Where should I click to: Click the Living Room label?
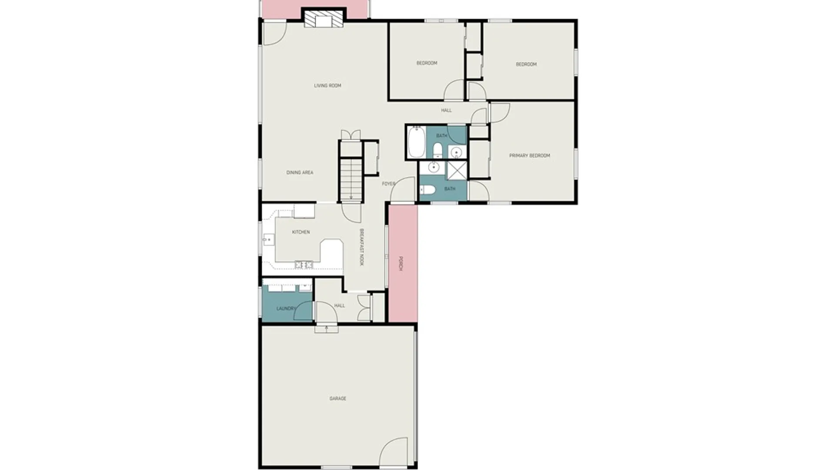327,86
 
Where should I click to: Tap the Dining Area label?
300,173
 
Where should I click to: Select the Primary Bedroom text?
529,155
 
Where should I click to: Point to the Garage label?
337,399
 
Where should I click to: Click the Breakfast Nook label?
361,247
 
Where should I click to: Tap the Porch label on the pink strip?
401,263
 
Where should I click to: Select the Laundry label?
286,309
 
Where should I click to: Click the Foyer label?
388,184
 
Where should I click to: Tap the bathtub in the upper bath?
416,142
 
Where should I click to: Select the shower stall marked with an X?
457,170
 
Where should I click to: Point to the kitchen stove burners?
304,264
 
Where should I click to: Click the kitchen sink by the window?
268,240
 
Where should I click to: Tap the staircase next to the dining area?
351,180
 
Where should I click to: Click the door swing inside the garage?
394,452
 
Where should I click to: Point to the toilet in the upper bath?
438,151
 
